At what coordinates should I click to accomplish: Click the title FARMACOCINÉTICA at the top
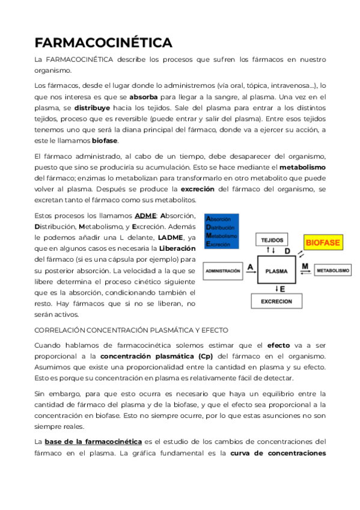103,43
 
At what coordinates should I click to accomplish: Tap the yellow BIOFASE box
323,243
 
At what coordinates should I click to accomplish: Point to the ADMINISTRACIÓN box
223,271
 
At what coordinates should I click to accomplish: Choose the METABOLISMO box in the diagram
332,271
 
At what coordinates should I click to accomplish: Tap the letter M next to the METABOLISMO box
305,265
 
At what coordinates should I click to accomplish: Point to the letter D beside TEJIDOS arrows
287,251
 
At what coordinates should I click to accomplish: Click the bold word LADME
171,237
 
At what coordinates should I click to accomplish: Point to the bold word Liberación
177,248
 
